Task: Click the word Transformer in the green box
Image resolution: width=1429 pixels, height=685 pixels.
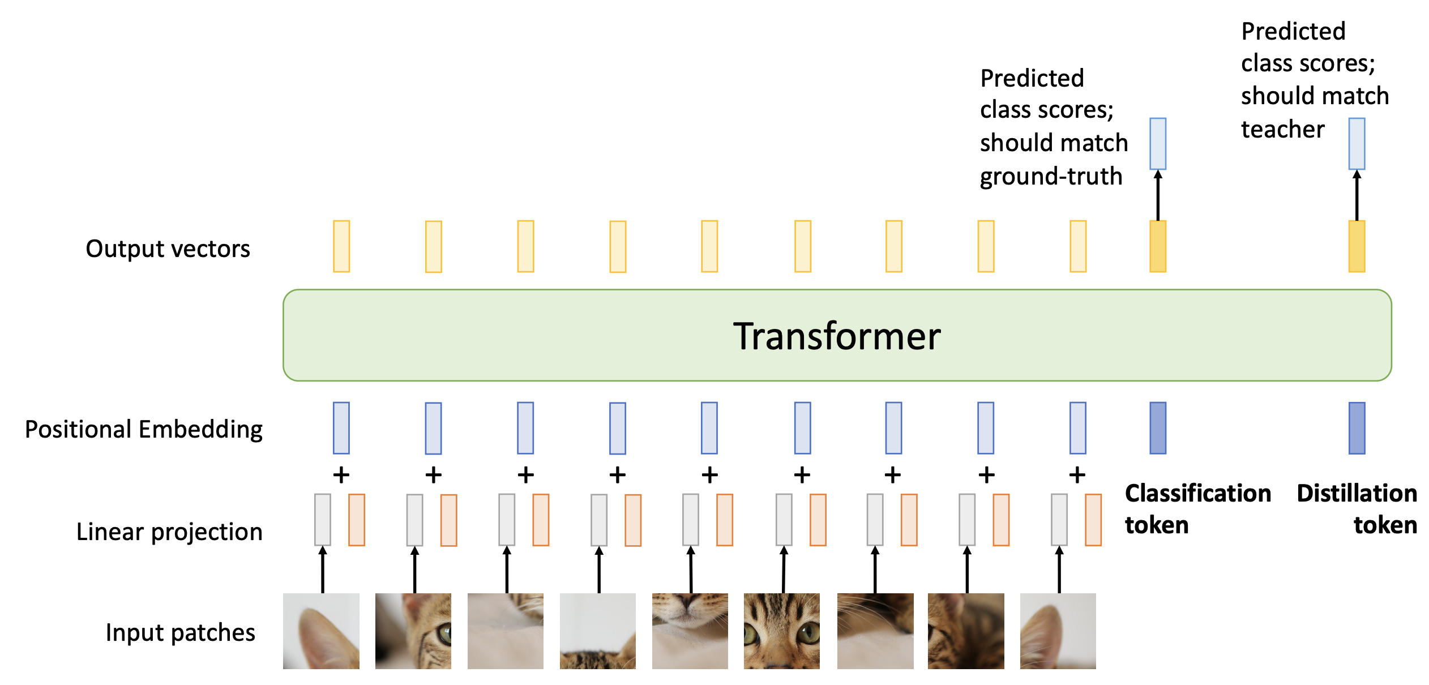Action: pos(837,336)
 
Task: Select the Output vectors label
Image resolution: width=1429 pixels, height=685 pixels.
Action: pos(168,249)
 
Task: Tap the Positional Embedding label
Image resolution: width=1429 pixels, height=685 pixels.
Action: pos(144,430)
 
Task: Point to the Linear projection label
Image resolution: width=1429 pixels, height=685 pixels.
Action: pos(169,532)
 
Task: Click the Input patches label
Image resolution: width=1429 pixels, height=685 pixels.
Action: pos(180,633)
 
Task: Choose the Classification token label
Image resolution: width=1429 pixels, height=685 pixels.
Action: pos(1198,509)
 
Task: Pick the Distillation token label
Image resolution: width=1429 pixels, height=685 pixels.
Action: pos(1357,509)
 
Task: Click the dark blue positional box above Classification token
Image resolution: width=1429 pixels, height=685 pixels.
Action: pos(1158,428)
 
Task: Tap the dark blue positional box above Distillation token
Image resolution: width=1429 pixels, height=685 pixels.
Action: pos(1357,428)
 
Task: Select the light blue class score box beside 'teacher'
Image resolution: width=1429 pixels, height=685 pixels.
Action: pos(1357,144)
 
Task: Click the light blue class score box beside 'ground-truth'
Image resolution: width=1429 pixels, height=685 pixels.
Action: pos(1158,144)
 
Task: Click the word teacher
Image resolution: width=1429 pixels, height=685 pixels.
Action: pos(1283,130)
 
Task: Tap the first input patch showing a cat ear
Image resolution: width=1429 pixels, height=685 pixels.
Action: pos(321,631)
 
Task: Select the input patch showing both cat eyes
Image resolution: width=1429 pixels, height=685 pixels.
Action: pos(782,631)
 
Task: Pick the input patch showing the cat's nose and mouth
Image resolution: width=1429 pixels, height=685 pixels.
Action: pos(690,631)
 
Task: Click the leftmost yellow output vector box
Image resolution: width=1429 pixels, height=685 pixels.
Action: pos(341,246)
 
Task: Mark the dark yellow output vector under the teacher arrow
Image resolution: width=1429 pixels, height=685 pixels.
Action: pos(1357,246)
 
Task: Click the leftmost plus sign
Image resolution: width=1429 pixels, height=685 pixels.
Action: pos(341,474)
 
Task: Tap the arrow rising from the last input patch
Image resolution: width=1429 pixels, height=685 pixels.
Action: pos(1059,570)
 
